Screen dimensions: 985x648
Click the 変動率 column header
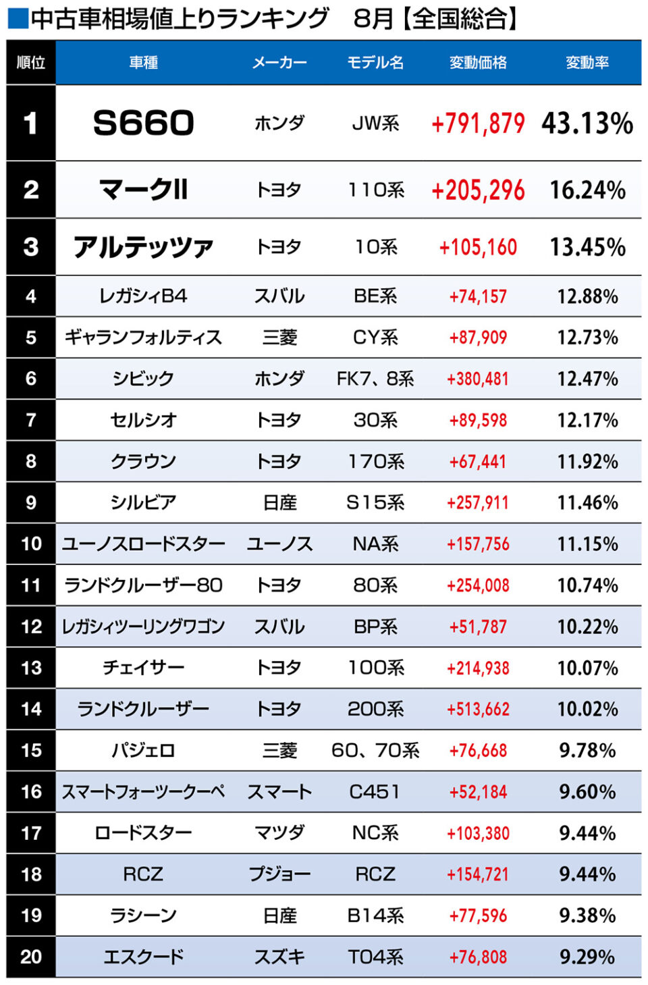point(587,63)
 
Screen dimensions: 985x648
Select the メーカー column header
point(279,63)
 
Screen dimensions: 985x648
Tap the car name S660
point(143,123)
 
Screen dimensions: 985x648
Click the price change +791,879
point(478,124)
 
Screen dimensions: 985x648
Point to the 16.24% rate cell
point(587,190)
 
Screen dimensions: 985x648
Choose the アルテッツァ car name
point(143,247)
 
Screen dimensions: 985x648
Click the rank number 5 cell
point(31,338)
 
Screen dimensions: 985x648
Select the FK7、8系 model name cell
point(375,379)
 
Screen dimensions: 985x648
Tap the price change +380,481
point(478,379)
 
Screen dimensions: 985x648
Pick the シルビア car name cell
point(143,502)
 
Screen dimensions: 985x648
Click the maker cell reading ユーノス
point(279,544)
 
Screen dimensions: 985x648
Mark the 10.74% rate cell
point(587,585)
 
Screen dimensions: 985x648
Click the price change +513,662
point(478,709)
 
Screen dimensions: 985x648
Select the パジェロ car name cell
point(143,750)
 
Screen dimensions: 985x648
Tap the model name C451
point(375,791)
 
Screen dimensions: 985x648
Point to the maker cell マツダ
point(279,833)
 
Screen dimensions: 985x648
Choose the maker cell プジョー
point(279,874)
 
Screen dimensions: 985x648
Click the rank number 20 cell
point(31,957)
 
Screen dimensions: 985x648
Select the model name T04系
point(375,957)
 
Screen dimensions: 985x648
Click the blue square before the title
point(18,19)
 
